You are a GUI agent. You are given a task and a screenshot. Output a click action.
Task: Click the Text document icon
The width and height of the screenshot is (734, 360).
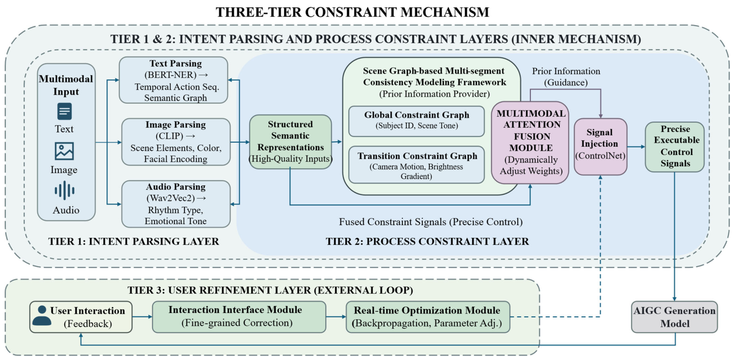(65, 111)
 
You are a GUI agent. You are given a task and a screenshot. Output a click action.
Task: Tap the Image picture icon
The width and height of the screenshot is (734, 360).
(64, 151)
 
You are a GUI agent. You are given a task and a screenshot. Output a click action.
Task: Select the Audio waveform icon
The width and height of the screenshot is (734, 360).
(65, 190)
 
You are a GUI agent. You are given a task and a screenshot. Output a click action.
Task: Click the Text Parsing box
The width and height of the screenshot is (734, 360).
(173, 80)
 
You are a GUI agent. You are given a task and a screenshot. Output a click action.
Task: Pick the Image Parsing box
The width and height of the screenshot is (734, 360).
(176, 142)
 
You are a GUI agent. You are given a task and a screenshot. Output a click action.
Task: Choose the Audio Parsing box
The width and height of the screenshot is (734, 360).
(176, 204)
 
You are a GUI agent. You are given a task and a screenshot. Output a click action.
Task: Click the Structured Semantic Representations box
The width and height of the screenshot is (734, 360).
(290, 142)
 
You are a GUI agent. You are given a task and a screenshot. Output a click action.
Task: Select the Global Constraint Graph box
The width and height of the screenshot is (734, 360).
(417, 121)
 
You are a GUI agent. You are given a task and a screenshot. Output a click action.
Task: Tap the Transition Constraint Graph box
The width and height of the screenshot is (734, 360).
(417, 165)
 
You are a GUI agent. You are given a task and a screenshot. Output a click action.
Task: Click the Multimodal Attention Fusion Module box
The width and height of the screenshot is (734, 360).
(530, 143)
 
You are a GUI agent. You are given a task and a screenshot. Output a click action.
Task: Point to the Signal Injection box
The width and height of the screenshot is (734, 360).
(601, 147)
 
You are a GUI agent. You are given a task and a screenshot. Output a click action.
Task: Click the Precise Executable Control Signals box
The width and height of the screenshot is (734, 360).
(675, 147)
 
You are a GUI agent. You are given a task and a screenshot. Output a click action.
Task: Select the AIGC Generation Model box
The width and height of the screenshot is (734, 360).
(674, 317)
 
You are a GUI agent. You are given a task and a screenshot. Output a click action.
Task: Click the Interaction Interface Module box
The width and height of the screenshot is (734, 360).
(239, 317)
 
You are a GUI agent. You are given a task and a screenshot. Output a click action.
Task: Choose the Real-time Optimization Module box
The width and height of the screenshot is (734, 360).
(428, 317)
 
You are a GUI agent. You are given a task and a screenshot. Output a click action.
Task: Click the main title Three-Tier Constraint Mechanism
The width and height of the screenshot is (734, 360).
(352, 12)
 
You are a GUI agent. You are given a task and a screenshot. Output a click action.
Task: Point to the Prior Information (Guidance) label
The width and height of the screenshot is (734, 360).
(566, 77)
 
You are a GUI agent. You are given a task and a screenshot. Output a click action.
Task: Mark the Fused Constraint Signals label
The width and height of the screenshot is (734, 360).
(431, 222)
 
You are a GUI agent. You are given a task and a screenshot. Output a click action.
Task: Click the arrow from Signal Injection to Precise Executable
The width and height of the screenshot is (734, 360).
(636, 147)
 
